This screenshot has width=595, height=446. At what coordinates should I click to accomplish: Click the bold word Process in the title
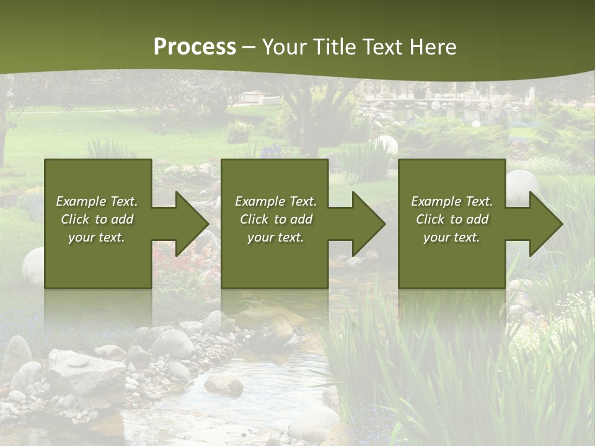click(x=195, y=47)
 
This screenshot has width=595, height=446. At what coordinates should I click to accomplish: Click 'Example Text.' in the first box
click(x=97, y=201)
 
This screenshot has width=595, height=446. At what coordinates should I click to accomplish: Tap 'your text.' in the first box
click(x=97, y=237)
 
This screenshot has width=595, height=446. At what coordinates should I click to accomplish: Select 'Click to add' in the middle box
click(x=276, y=219)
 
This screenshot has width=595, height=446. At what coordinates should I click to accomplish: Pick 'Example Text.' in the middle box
click(x=276, y=201)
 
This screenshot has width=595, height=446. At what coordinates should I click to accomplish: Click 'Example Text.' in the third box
click(x=452, y=201)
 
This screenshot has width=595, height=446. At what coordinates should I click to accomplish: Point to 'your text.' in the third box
click(x=452, y=237)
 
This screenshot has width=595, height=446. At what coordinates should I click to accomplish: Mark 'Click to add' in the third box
click(x=452, y=219)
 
